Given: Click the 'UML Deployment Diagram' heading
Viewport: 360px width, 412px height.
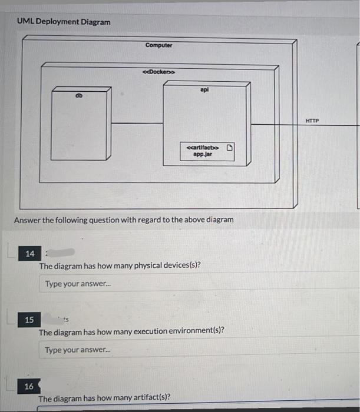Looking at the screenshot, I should click(x=64, y=22).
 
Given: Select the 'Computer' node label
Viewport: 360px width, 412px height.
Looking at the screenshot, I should click(x=158, y=45).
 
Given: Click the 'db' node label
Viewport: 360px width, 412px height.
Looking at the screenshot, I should click(x=79, y=95).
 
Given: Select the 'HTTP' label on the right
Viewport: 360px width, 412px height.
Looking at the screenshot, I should click(x=312, y=120).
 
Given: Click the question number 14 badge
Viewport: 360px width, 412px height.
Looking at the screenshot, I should click(x=29, y=254).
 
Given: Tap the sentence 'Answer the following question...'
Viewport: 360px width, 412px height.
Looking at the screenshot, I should click(x=124, y=220).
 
